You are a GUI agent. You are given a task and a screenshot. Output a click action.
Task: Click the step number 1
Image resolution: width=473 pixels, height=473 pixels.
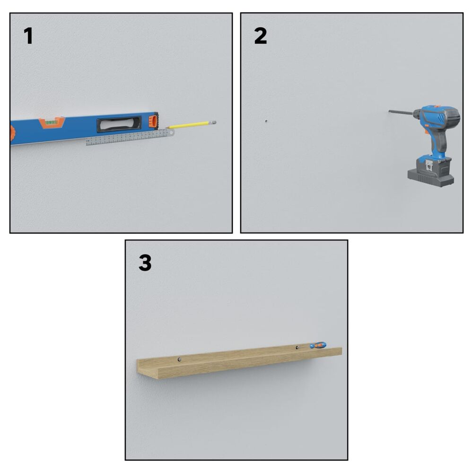(x=28, y=36)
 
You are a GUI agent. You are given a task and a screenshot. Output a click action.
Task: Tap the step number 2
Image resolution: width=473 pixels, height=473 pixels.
(x=261, y=36)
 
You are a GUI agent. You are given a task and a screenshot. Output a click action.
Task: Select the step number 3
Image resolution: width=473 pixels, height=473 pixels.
(x=145, y=263)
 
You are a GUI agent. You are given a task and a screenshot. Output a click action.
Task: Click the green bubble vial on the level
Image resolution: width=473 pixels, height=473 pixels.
(x=51, y=123)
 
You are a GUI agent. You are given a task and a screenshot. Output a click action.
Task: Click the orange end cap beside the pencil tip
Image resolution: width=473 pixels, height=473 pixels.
(x=154, y=121)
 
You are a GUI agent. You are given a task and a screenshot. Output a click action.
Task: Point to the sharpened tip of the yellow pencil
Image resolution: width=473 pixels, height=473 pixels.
(x=166, y=128)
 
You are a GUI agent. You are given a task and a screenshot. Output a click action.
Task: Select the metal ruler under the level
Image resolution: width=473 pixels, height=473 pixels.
(x=130, y=137)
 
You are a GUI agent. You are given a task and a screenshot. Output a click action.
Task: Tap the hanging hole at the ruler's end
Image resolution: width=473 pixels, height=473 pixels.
(x=171, y=132)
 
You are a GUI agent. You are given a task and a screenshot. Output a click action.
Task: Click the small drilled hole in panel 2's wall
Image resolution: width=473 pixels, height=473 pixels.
(x=266, y=121)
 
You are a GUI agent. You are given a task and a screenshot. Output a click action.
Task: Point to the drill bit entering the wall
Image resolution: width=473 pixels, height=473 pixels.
(x=401, y=112)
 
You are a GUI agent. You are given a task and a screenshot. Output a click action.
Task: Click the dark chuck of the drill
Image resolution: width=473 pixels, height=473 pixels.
(x=417, y=114)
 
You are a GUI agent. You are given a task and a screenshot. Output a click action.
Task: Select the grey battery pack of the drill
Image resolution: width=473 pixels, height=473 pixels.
(x=431, y=171)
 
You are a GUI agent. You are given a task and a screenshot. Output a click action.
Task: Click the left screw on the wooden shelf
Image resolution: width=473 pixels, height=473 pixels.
(x=179, y=359)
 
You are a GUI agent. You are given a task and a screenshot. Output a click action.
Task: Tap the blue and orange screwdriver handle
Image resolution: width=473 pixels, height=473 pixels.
(x=318, y=345)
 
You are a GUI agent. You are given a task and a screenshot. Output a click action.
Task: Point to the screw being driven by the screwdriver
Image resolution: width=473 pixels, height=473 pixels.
(x=297, y=348)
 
